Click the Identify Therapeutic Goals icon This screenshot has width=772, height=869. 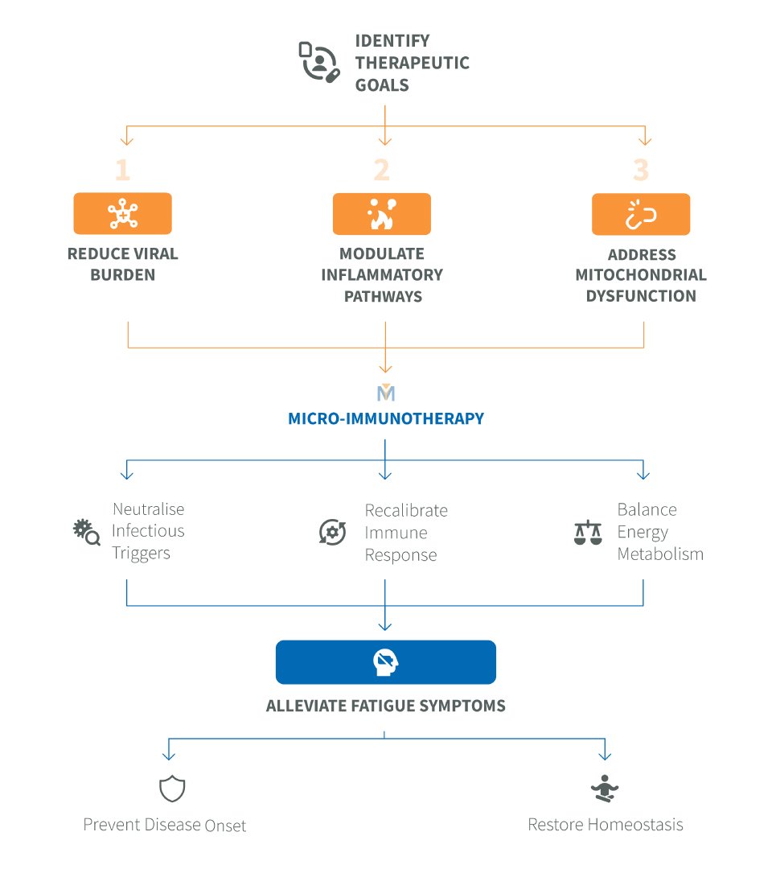tap(319, 62)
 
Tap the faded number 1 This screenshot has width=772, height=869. tap(123, 170)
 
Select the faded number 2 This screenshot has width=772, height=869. tap(381, 170)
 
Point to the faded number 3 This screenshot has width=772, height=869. tap(641, 170)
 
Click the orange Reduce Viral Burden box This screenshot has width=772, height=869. tap(122, 213)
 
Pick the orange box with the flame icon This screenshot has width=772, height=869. tap(381, 214)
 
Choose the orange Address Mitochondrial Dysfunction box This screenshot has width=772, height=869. tap(641, 214)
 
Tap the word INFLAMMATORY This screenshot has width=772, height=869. tap(382, 275)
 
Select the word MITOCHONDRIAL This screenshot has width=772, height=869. tap(641, 275)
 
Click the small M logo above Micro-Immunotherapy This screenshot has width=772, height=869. tap(386, 393)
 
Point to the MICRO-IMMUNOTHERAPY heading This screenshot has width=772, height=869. tap(386, 418)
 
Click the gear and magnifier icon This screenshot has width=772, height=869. tap(86, 532)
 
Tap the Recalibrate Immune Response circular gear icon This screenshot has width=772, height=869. tap(332, 532)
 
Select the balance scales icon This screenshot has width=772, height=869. tap(588, 533)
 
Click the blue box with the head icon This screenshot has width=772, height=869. tap(386, 662)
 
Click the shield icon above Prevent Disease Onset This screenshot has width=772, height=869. tap(172, 789)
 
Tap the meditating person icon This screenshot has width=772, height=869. tap(605, 789)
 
